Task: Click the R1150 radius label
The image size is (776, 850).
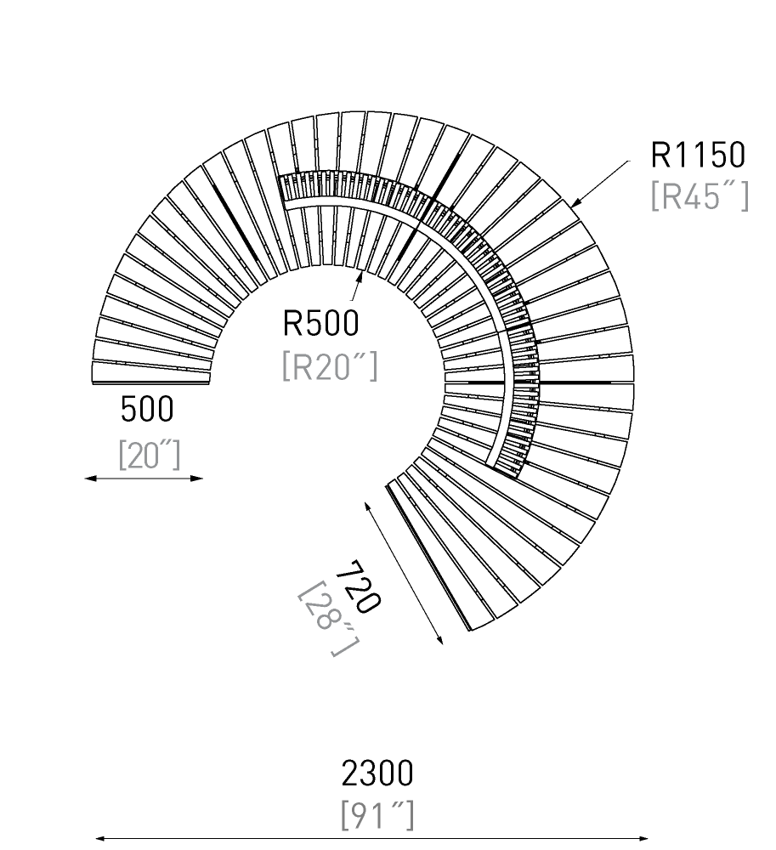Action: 698,155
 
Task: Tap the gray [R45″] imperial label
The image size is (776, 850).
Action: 700,195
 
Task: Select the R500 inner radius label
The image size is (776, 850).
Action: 320,323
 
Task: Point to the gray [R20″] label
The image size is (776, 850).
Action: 330,366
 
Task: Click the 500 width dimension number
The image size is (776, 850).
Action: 147,409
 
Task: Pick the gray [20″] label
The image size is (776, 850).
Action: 149,454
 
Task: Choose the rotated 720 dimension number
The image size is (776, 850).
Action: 358,586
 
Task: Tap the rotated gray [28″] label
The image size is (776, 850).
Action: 328,619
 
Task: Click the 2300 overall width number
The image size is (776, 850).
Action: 377,773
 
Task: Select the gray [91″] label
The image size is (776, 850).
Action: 377,815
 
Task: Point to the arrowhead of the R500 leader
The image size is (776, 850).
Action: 360,275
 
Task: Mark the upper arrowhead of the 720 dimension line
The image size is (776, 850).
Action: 367,507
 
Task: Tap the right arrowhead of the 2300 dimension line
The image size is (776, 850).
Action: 643,838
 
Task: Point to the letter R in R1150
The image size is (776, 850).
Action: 659,155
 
